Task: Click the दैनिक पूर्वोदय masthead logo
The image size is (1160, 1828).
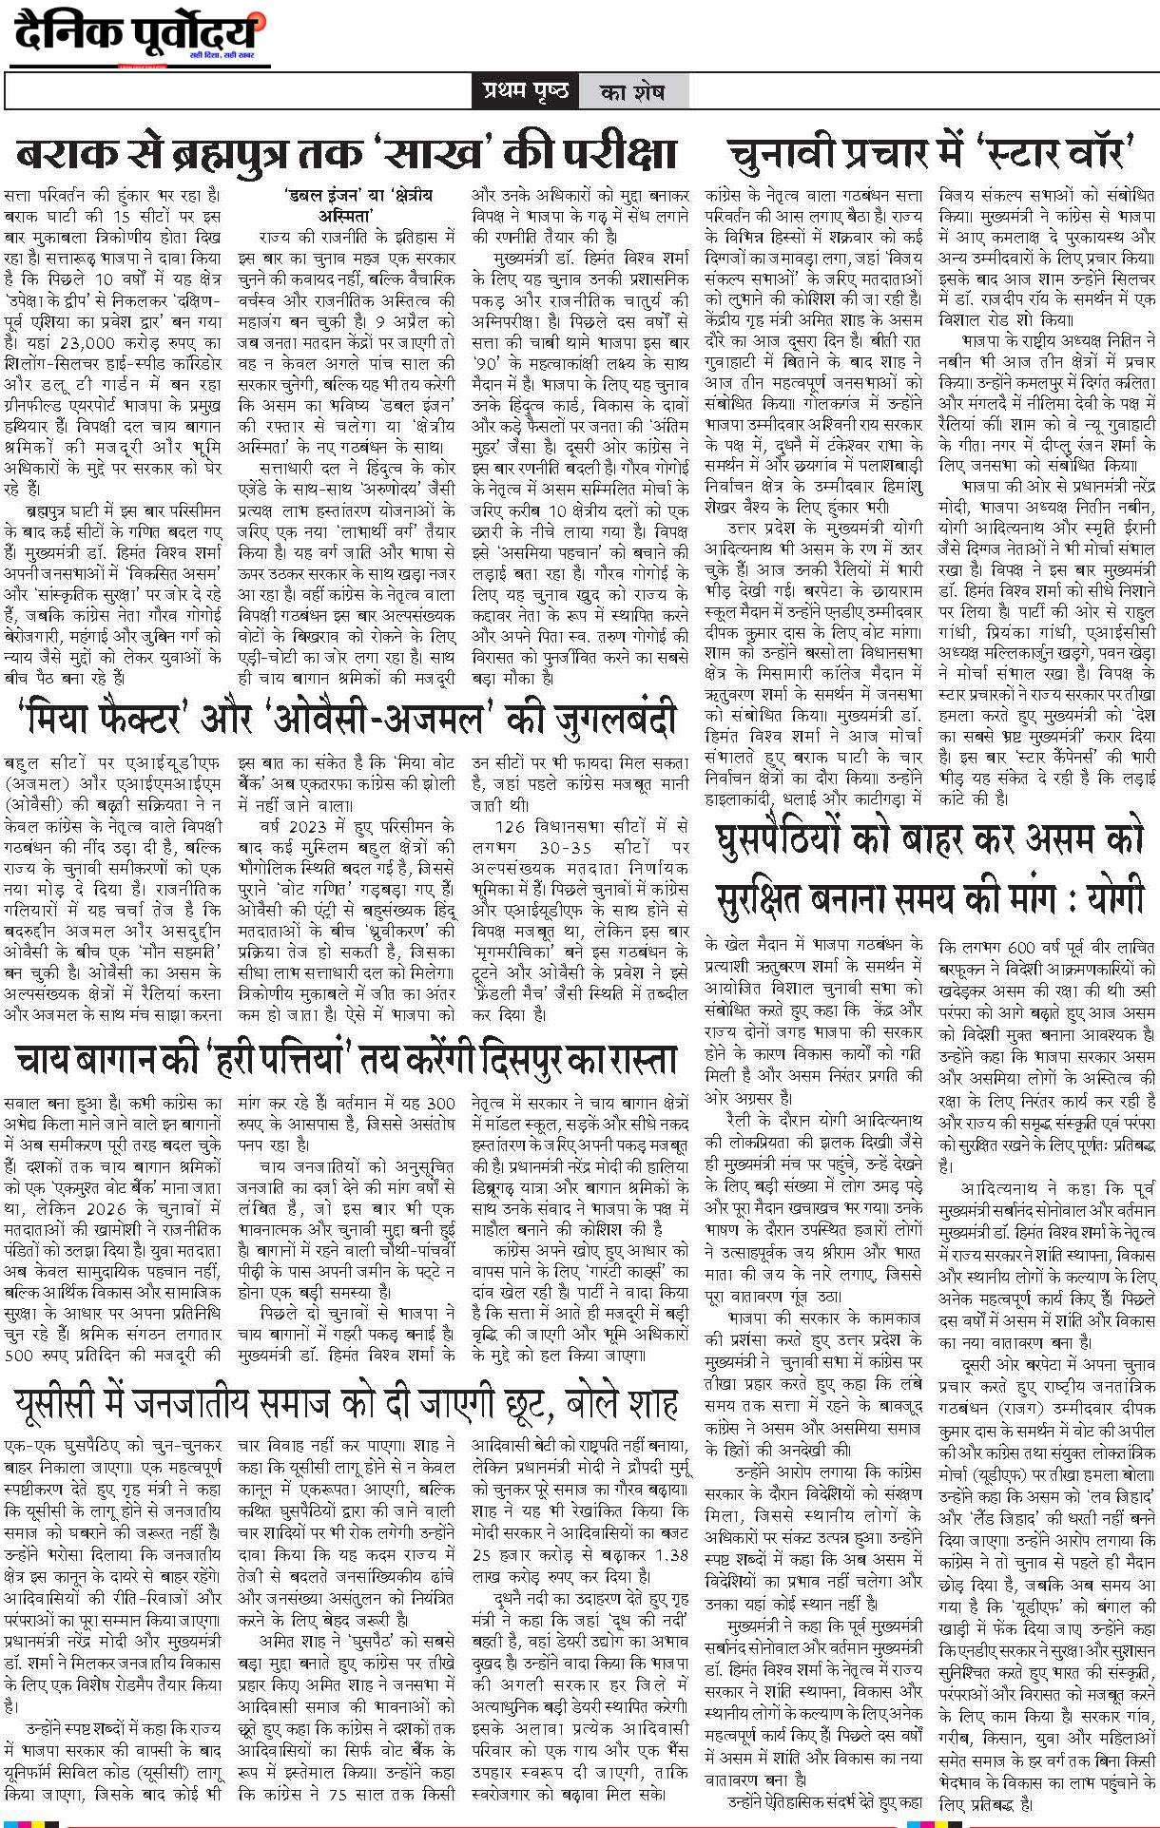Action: [x=138, y=35]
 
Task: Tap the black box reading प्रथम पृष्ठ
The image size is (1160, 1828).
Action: [x=525, y=91]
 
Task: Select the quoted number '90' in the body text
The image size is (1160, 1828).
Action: [x=489, y=363]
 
